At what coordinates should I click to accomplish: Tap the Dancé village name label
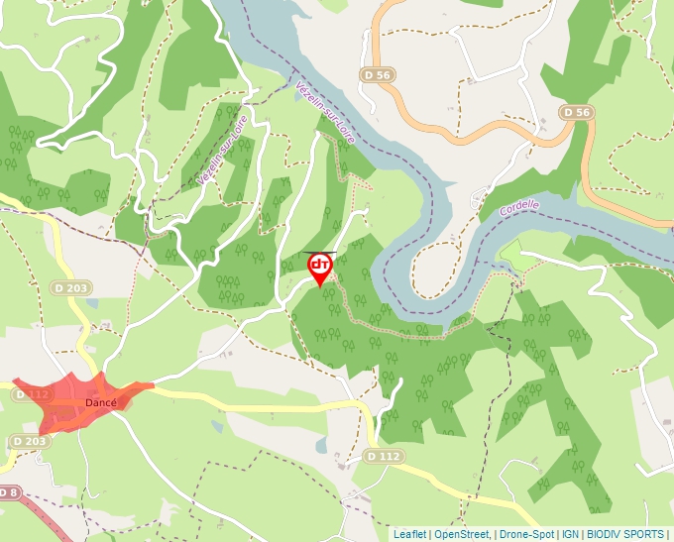pyautogui.click(x=100, y=402)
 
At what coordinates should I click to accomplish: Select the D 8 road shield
pyautogui.click(x=9, y=492)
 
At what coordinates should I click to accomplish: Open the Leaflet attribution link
pyautogui.click(x=409, y=534)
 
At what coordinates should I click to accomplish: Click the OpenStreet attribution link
pyautogui.click(x=462, y=534)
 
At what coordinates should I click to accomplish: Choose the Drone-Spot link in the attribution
pyautogui.click(x=526, y=534)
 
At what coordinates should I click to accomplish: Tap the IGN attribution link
pyautogui.click(x=570, y=534)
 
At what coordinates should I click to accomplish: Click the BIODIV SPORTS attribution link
pyautogui.click(x=624, y=534)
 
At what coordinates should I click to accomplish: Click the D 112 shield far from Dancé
pyautogui.click(x=383, y=456)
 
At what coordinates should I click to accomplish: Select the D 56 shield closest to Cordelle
pyautogui.click(x=576, y=113)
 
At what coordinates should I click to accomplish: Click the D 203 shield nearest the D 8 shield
pyautogui.click(x=30, y=441)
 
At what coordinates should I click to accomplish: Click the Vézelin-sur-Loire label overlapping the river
pyautogui.click(x=324, y=113)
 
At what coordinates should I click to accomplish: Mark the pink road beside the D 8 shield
pyautogui.click(x=45, y=515)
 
